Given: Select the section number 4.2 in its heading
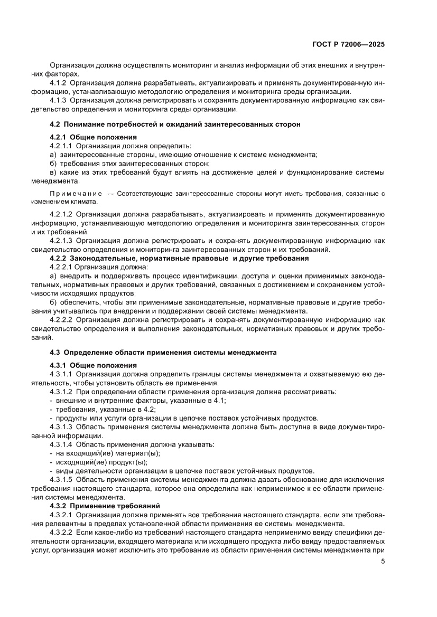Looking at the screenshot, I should [55, 125].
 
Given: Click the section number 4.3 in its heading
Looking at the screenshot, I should [55, 352].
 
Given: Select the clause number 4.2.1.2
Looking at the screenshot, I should [61, 214].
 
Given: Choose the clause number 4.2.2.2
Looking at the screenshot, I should [61, 320].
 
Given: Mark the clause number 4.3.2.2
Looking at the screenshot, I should [61, 534].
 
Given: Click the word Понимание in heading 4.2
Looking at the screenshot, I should [86, 125].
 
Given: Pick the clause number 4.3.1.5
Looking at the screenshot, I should [61, 480].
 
